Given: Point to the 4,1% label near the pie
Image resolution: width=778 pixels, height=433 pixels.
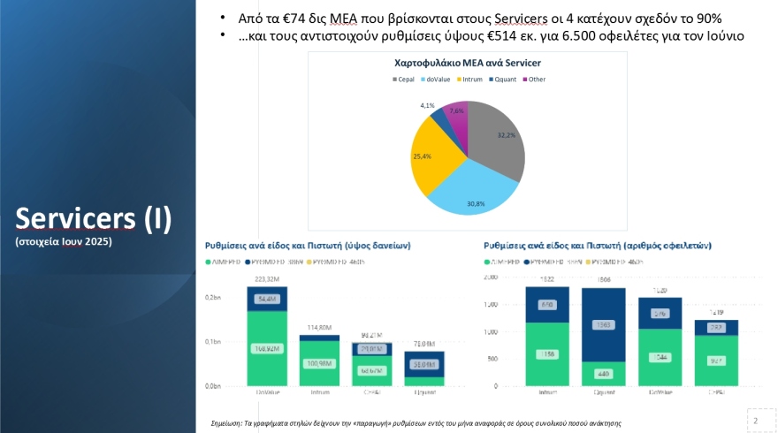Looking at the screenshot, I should coord(427,106).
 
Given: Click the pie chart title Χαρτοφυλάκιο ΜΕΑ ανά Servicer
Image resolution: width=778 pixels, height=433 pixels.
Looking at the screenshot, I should coord(467,64).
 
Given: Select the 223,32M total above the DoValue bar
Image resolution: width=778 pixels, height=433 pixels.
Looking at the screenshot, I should coord(266,279).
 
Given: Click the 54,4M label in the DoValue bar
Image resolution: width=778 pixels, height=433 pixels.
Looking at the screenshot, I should coord(266,299).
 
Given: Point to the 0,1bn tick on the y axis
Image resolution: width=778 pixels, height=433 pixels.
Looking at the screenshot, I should coord(212,342).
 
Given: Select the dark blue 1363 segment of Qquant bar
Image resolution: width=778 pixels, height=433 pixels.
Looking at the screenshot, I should coord(604,324).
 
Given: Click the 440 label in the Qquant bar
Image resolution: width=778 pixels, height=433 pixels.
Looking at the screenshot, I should coord(604,374).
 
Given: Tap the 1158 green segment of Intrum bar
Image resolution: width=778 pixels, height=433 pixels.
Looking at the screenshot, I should coord(547,354).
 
